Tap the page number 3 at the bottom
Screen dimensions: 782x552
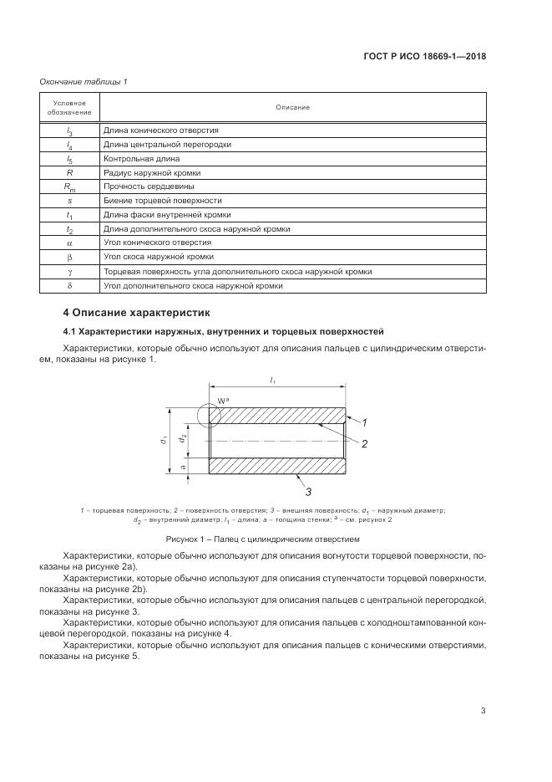click(483, 711)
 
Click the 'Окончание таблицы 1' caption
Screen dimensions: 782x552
click(83, 81)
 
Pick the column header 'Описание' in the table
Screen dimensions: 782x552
click(292, 108)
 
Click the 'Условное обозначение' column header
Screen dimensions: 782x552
click(69, 108)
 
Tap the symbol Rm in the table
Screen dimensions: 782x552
click(69, 187)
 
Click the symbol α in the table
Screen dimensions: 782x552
click(69, 243)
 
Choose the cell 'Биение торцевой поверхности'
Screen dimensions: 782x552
click(162, 201)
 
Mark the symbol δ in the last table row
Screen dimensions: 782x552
click(69, 285)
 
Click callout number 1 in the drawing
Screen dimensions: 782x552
click(364, 423)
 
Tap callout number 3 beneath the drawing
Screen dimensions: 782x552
click(307, 490)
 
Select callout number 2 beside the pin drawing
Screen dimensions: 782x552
click(364, 443)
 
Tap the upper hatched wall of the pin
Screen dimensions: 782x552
click(276, 416)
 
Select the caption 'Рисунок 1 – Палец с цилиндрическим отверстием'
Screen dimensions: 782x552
click(262, 539)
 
